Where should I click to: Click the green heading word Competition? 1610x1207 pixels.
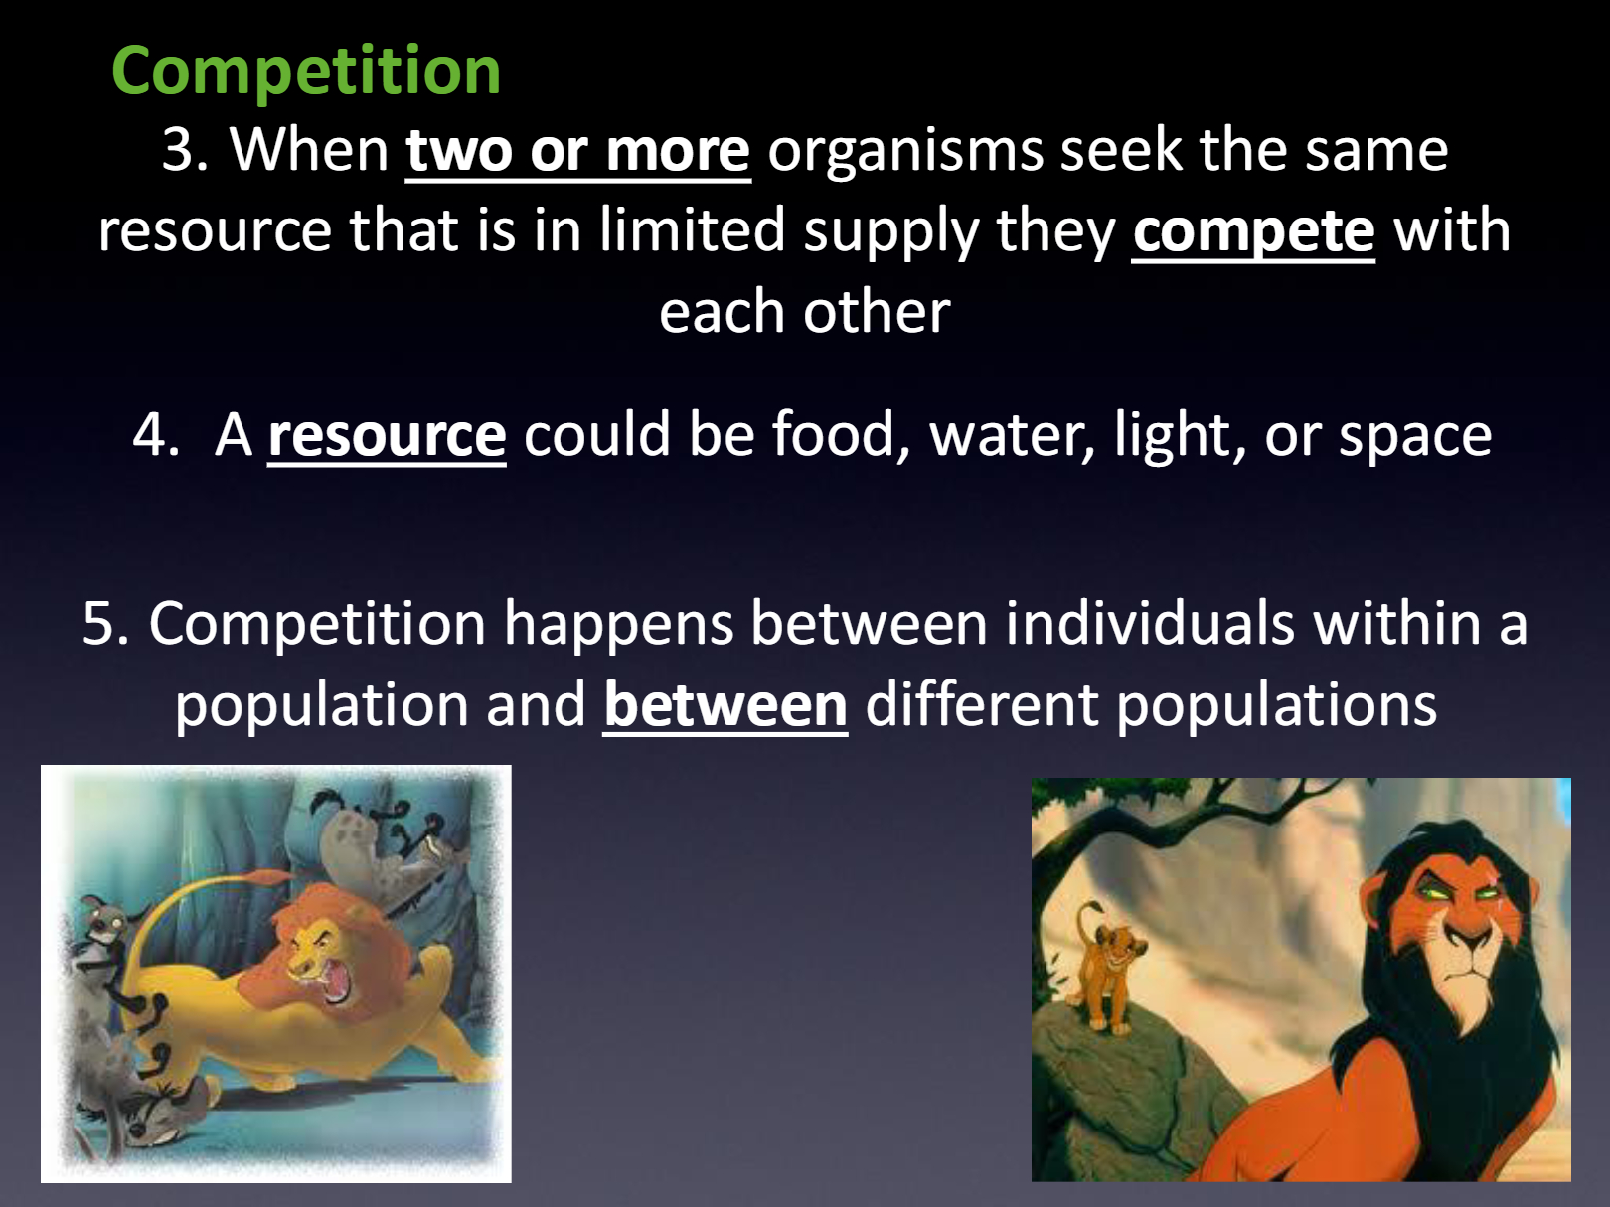pos(306,72)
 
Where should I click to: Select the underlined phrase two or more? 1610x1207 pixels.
pos(578,151)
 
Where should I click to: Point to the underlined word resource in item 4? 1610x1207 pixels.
pos(387,435)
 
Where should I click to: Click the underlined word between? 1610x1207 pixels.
pos(725,705)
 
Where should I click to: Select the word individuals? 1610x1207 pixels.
pos(1150,623)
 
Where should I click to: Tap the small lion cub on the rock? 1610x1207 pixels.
pos(1105,969)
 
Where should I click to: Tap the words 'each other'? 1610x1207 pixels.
pos(805,312)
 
